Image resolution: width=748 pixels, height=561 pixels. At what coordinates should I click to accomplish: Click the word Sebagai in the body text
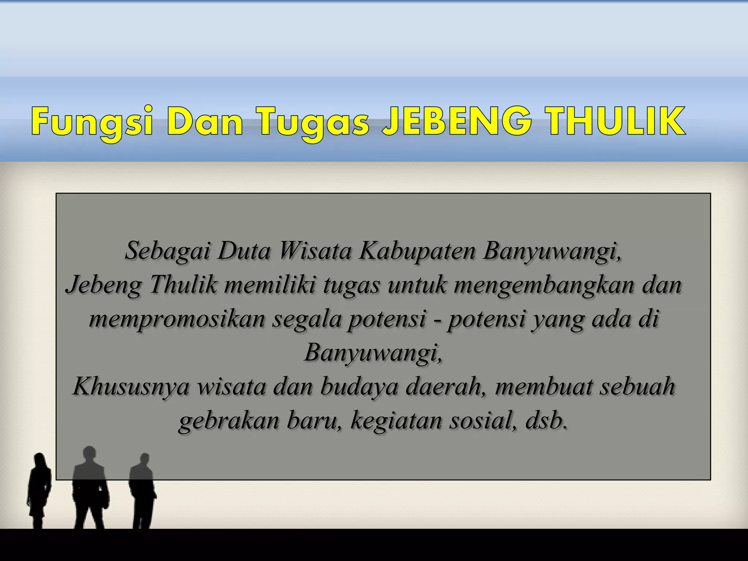pos(167,251)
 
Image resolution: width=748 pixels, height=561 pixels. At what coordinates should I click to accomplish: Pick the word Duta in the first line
pos(244,251)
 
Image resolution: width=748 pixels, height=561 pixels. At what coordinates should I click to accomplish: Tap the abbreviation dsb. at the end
pos(547,420)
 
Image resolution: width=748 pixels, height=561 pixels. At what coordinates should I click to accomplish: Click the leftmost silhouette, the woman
pos(39,489)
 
